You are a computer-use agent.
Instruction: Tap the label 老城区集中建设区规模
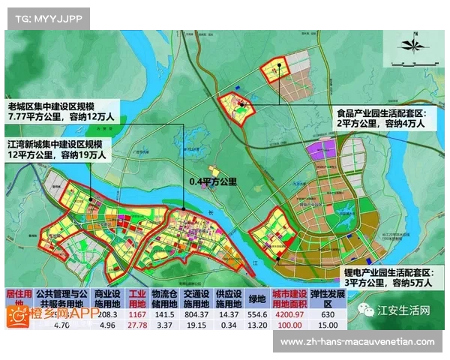tap(59, 106)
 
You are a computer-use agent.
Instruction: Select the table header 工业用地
tap(136, 293)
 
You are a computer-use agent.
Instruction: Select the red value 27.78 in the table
tap(136, 326)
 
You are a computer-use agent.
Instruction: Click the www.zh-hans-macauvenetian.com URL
tap(358, 342)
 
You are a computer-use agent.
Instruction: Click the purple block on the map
tap(322, 149)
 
